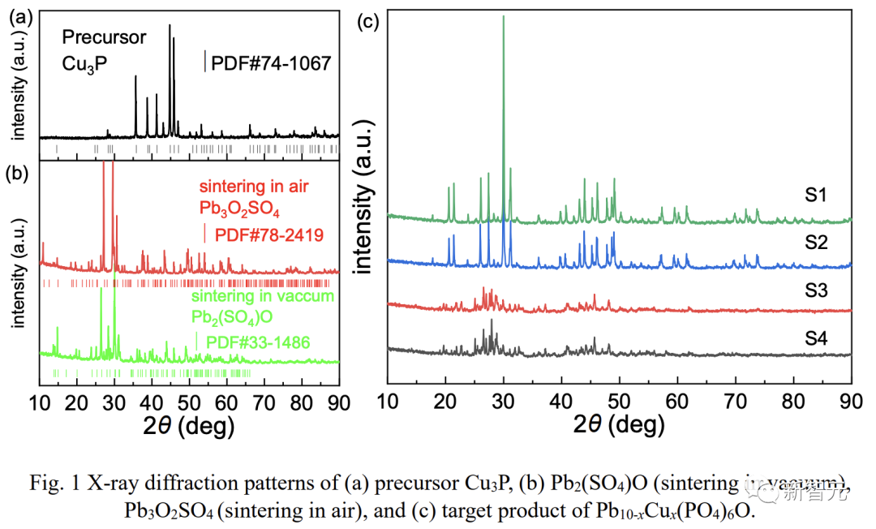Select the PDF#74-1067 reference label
click(271, 62)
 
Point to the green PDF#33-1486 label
click(258, 342)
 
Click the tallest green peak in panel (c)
click(504, 18)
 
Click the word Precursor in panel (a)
click(105, 37)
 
